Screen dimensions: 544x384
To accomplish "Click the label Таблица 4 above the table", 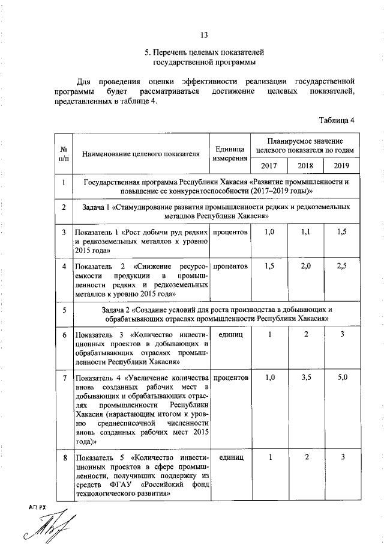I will tap(337, 120).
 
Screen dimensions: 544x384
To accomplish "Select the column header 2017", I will tap(269, 165).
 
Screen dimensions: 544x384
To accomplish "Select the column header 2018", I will tap(305, 165).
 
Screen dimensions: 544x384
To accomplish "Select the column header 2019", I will tap(341, 165).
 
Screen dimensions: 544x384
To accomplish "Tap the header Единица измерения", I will tap(230, 154).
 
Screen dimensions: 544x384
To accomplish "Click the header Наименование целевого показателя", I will tap(141, 154).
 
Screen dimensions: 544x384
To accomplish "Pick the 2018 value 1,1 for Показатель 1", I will tap(305, 231).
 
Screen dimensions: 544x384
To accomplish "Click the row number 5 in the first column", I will tap(64, 310).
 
